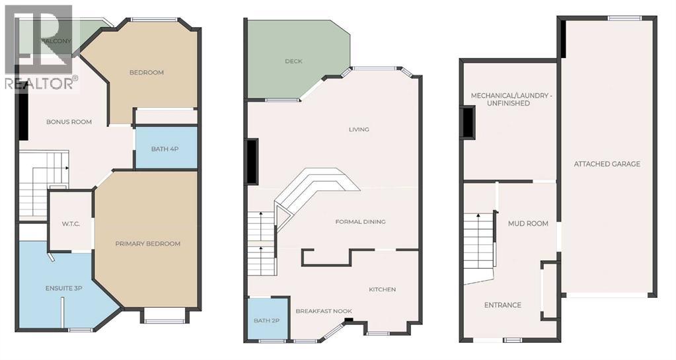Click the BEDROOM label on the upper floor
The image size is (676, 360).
pos(146,72)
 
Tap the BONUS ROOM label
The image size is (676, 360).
pos(69,122)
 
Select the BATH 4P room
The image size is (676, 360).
pos(165,149)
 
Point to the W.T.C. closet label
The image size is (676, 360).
pos(71,224)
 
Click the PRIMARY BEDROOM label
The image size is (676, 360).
pos(147,244)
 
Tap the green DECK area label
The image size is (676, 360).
pos(293,61)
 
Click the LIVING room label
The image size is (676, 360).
pos(359,129)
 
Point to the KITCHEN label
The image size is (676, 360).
pos(382,289)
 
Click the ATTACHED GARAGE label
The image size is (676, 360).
pos(607,164)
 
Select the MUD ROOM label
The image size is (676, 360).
pos(527,223)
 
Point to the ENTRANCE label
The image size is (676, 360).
pos(502,305)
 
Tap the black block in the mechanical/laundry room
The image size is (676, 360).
pos(468,123)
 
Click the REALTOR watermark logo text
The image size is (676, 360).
pos(41,83)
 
